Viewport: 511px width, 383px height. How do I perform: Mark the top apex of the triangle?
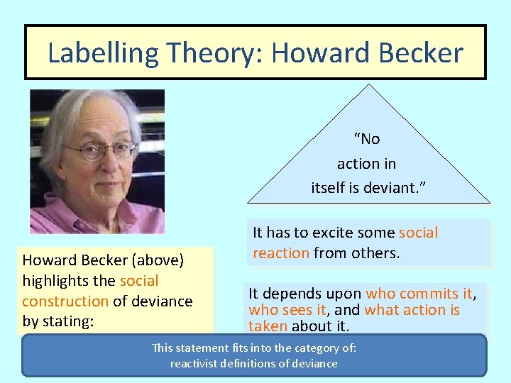368,84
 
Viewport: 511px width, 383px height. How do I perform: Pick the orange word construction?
65,301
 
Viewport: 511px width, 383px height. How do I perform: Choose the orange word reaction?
281,252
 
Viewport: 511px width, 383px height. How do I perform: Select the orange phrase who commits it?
419,294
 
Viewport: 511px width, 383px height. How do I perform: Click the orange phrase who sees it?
287,310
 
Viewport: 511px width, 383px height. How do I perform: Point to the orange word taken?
268,326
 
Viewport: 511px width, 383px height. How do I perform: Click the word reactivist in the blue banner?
196,363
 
